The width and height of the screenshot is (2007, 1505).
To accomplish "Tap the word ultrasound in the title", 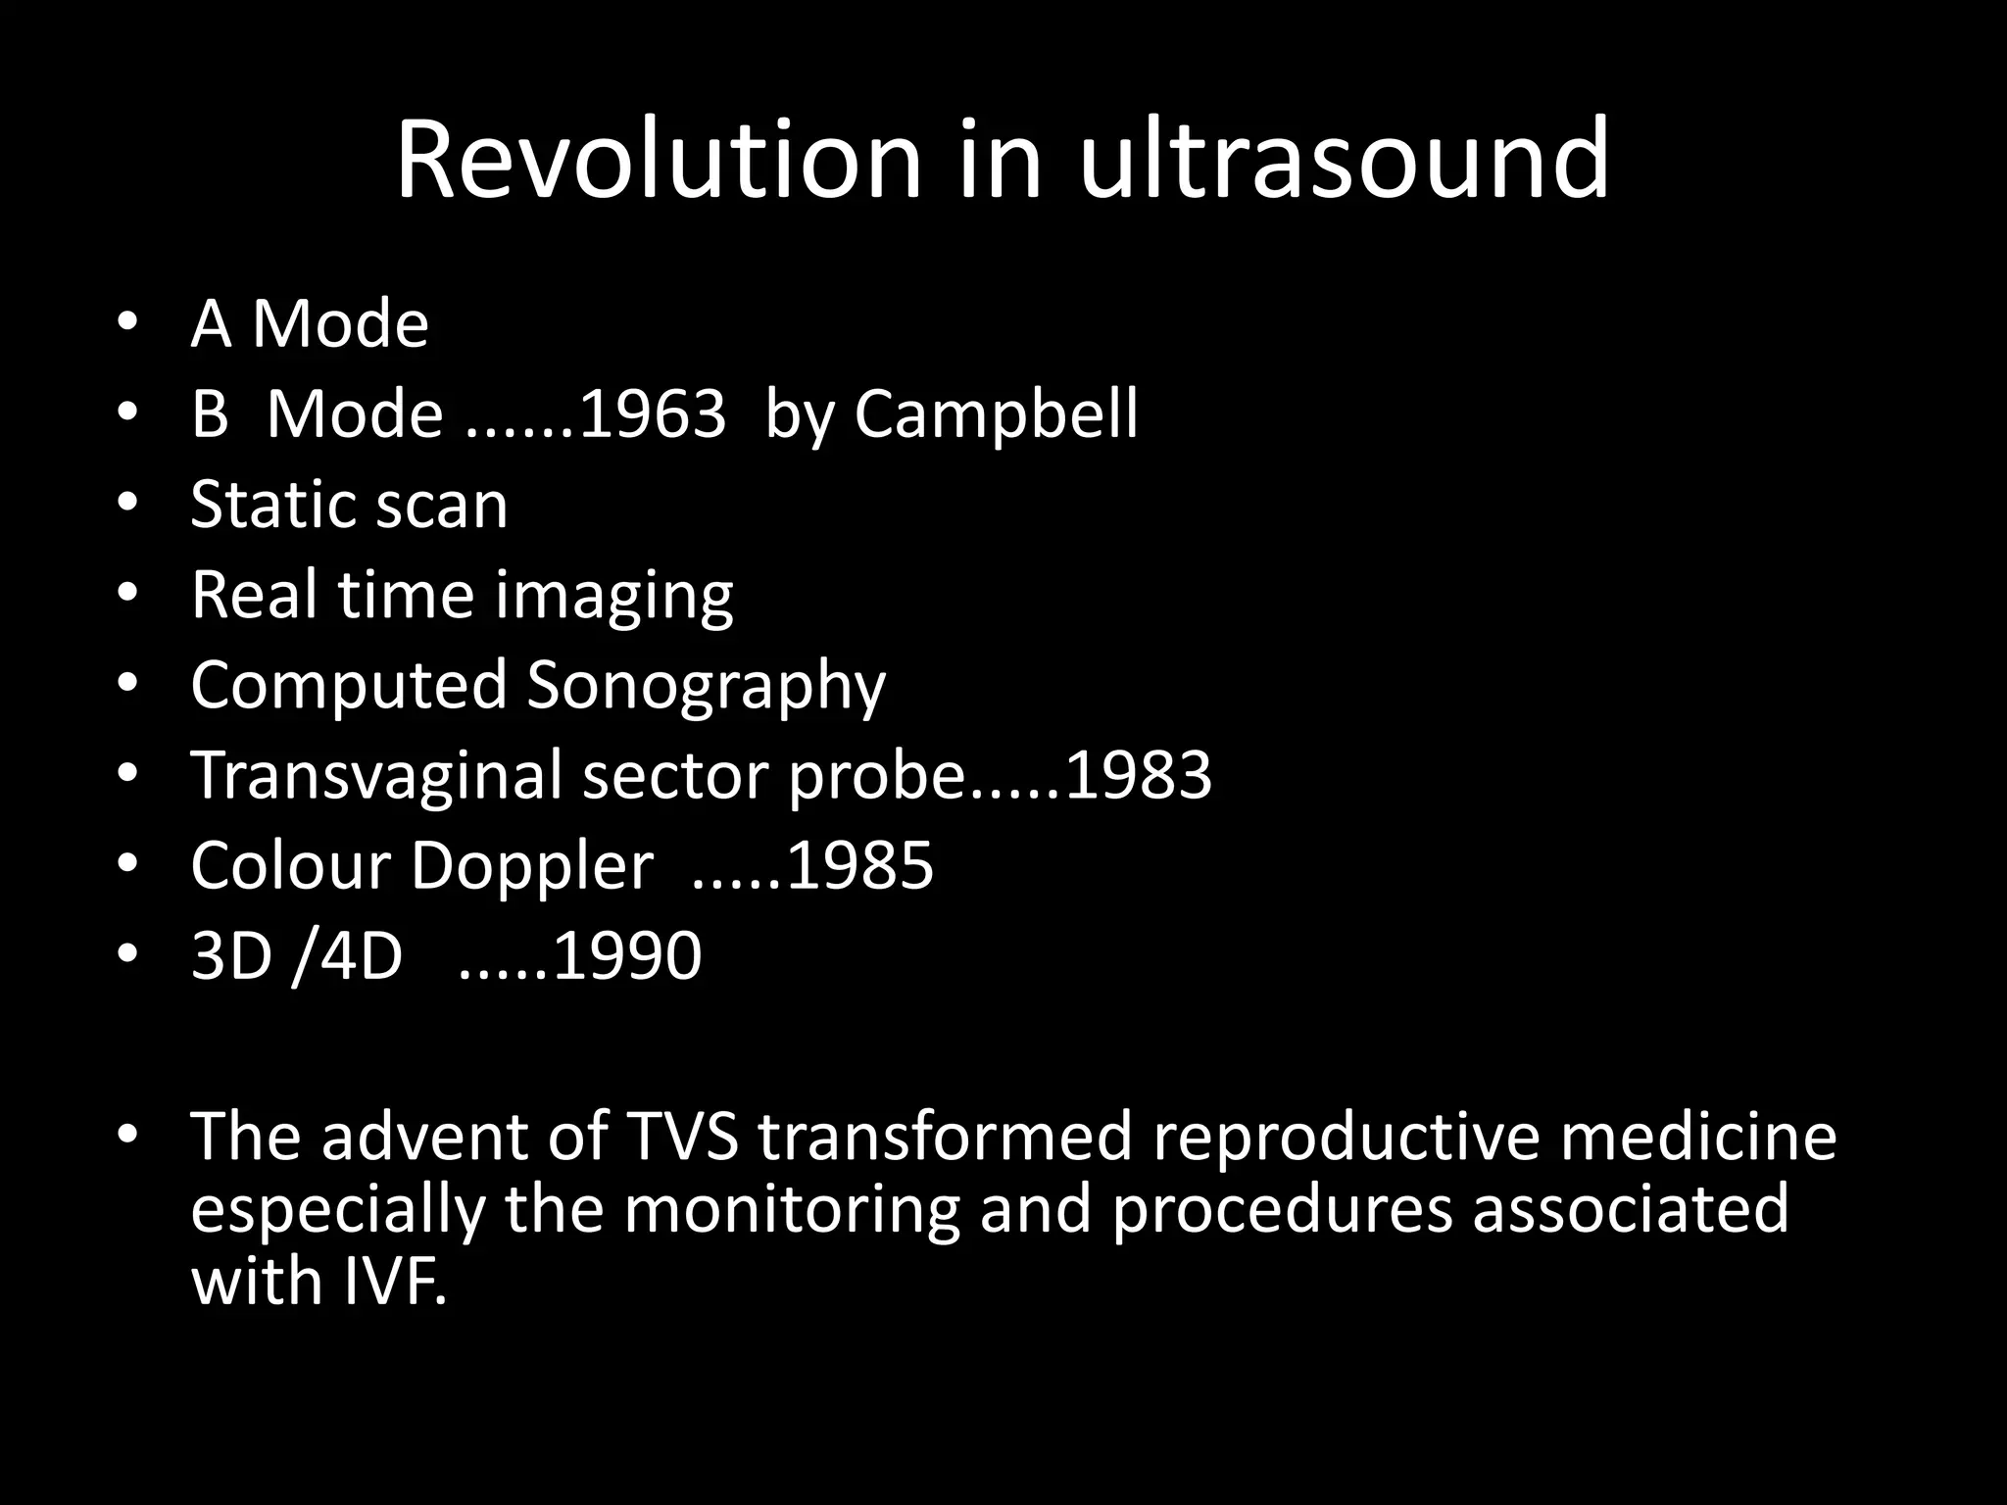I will click(x=1345, y=159).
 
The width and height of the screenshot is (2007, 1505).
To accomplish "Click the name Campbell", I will click(x=996, y=414).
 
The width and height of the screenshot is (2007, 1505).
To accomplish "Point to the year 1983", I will click(x=1138, y=775).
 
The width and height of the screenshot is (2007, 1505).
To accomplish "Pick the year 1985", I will click(x=859, y=866).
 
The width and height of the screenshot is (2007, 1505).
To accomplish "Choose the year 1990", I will click(x=627, y=955).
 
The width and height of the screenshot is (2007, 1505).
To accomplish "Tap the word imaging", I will click(x=613, y=597).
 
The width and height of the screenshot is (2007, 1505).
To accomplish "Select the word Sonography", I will click(x=706, y=685).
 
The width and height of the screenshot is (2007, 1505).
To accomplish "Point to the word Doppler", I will click(x=532, y=866).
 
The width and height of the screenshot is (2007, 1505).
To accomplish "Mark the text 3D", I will click(x=231, y=955).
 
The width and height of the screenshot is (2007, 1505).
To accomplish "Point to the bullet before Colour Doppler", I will click(x=127, y=865).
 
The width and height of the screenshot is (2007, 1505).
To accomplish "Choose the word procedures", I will click(x=1282, y=1210).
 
